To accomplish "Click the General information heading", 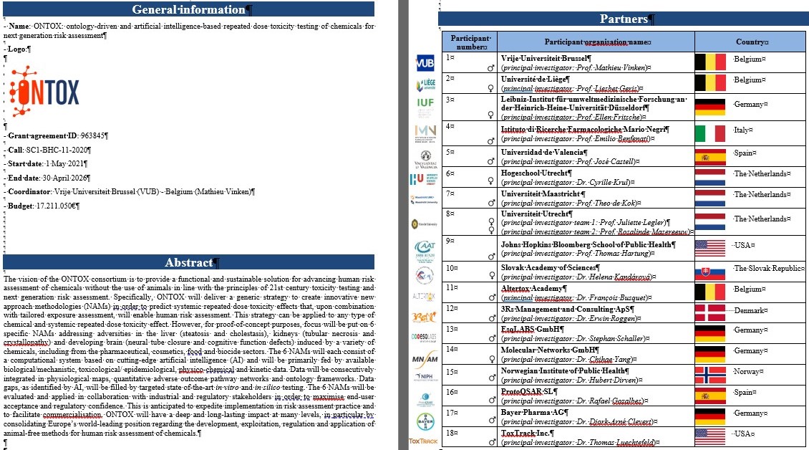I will [189, 9].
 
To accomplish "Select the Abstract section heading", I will [189, 262].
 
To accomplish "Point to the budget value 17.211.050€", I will [57, 206].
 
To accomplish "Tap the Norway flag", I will [710, 375].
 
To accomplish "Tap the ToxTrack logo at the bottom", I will [423, 441].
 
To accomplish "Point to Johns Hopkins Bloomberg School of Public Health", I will [586, 244].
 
